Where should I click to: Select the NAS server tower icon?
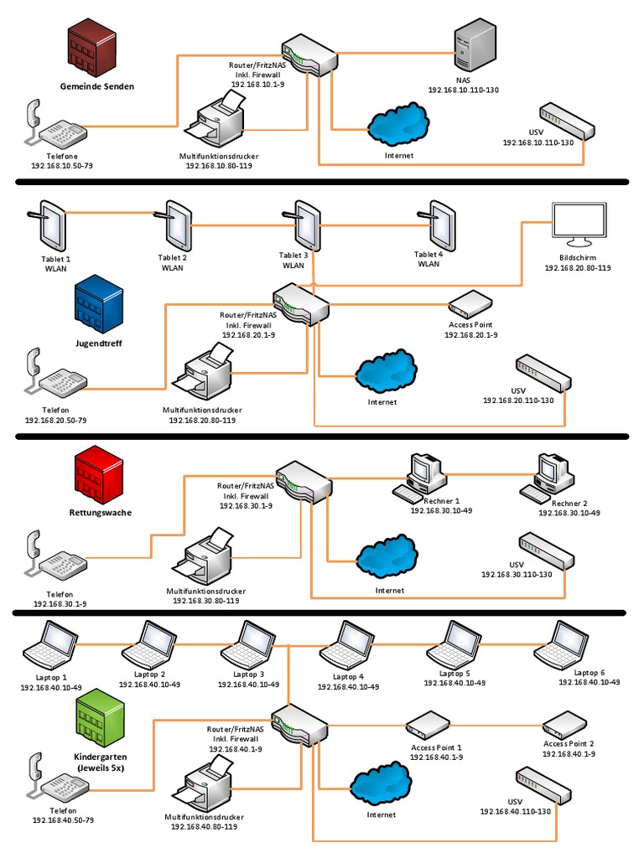(475, 45)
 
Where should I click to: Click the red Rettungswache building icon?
(98, 474)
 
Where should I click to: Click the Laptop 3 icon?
(245, 643)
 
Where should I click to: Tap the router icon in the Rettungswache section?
(301, 481)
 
